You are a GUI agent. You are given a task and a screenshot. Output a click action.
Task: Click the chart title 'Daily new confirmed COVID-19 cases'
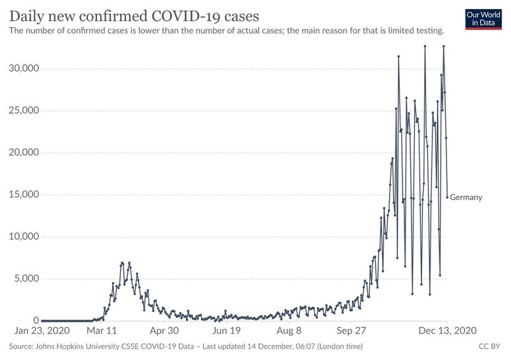click(x=134, y=16)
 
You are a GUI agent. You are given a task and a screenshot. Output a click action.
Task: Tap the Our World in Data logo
click(x=484, y=19)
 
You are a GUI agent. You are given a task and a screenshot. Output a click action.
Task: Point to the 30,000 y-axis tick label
click(x=24, y=68)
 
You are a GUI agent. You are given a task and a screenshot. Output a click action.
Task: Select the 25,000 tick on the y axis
click(x=24, y=110)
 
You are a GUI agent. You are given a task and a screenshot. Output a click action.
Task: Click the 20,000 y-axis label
click(x=24, y=153)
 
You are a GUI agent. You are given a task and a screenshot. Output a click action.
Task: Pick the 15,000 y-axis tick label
click(x=24, y=195)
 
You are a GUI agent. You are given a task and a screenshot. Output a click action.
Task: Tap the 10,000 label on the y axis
click(x=24, y=237)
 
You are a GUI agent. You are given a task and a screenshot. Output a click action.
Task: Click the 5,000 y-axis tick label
click(x=26, y=278)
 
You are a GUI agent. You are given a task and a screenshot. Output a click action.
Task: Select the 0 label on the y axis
click(x=36, y=320)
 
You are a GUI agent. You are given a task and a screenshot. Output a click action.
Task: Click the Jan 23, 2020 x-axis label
click(x=42, y=331)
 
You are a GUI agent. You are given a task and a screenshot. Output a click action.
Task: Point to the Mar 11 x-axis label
click(x=102, y=331)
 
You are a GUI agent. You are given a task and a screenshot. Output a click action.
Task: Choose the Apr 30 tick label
click(x=164, y=331)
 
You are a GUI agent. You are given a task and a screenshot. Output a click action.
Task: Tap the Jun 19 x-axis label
click(x=227, y=331)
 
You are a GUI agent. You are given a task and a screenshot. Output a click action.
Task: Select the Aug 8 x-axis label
click(x=289, y=331)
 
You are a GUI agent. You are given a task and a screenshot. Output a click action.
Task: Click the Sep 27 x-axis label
click(x=351, y=331)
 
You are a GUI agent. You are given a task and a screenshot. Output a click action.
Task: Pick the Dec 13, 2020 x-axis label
click(x=448, y=331)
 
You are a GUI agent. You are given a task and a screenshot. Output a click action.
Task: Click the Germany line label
click(x=466, y=197)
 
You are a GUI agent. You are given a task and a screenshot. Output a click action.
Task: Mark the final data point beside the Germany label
click(x=447, y=197)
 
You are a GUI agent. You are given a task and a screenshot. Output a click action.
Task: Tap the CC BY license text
click(x=489, y=347)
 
